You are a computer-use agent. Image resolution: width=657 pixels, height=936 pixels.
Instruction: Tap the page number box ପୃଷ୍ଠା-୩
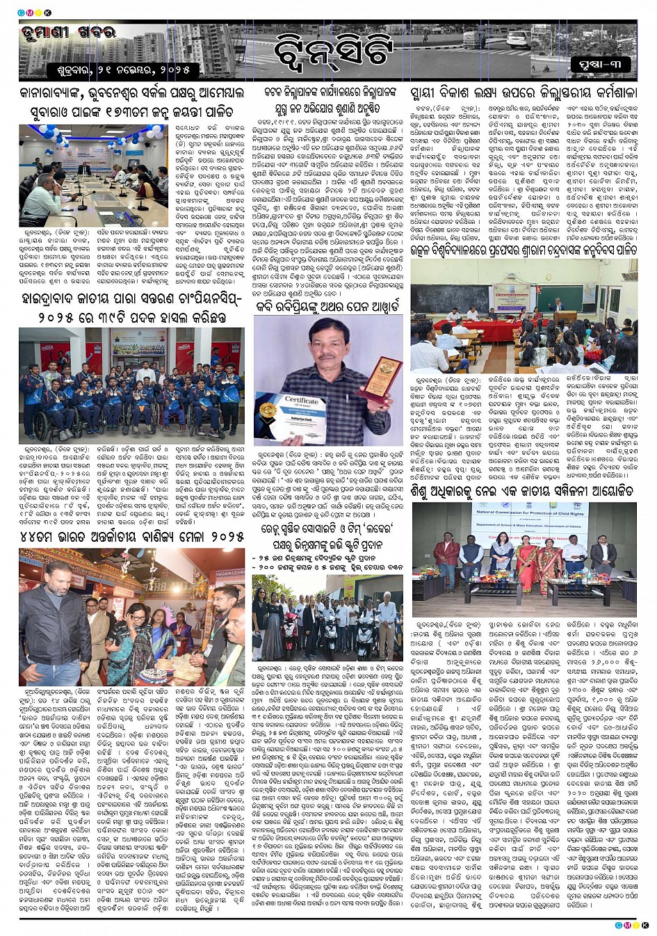tap(600, 65)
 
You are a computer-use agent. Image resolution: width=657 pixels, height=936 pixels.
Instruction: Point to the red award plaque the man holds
tap(382, 376)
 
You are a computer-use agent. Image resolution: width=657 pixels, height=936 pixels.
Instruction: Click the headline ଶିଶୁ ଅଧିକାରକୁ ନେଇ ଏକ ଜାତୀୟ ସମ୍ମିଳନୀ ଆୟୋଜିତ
tap(521, 491)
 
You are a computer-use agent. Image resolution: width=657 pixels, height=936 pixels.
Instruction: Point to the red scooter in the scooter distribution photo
tap(289, 630)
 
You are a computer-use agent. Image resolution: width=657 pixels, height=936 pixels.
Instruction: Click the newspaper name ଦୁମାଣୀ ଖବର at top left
tap(67, 33)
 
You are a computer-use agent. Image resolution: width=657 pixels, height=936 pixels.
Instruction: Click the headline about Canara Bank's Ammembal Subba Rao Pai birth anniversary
tap(131, 102)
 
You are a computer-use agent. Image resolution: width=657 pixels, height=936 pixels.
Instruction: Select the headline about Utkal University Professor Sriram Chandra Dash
tap(522, 249)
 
